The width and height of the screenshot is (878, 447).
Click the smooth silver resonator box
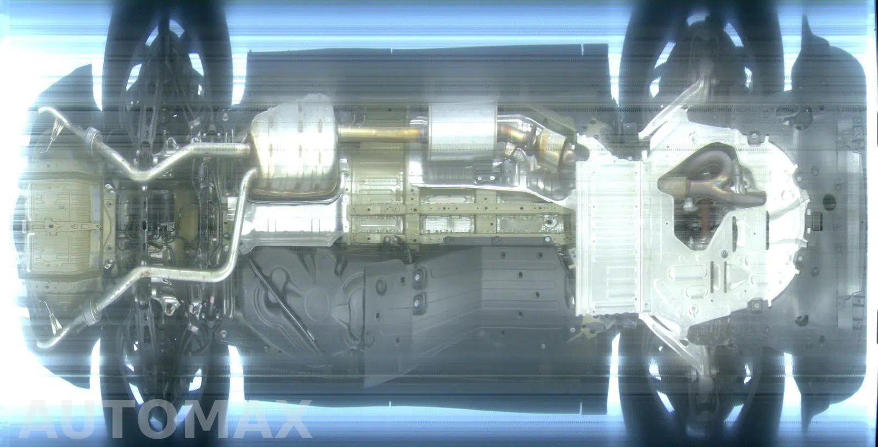click(x=463, y=131)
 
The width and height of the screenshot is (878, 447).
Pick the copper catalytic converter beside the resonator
click(x=549, y=145)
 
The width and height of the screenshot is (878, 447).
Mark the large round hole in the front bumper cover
click(x=829, y=202)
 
